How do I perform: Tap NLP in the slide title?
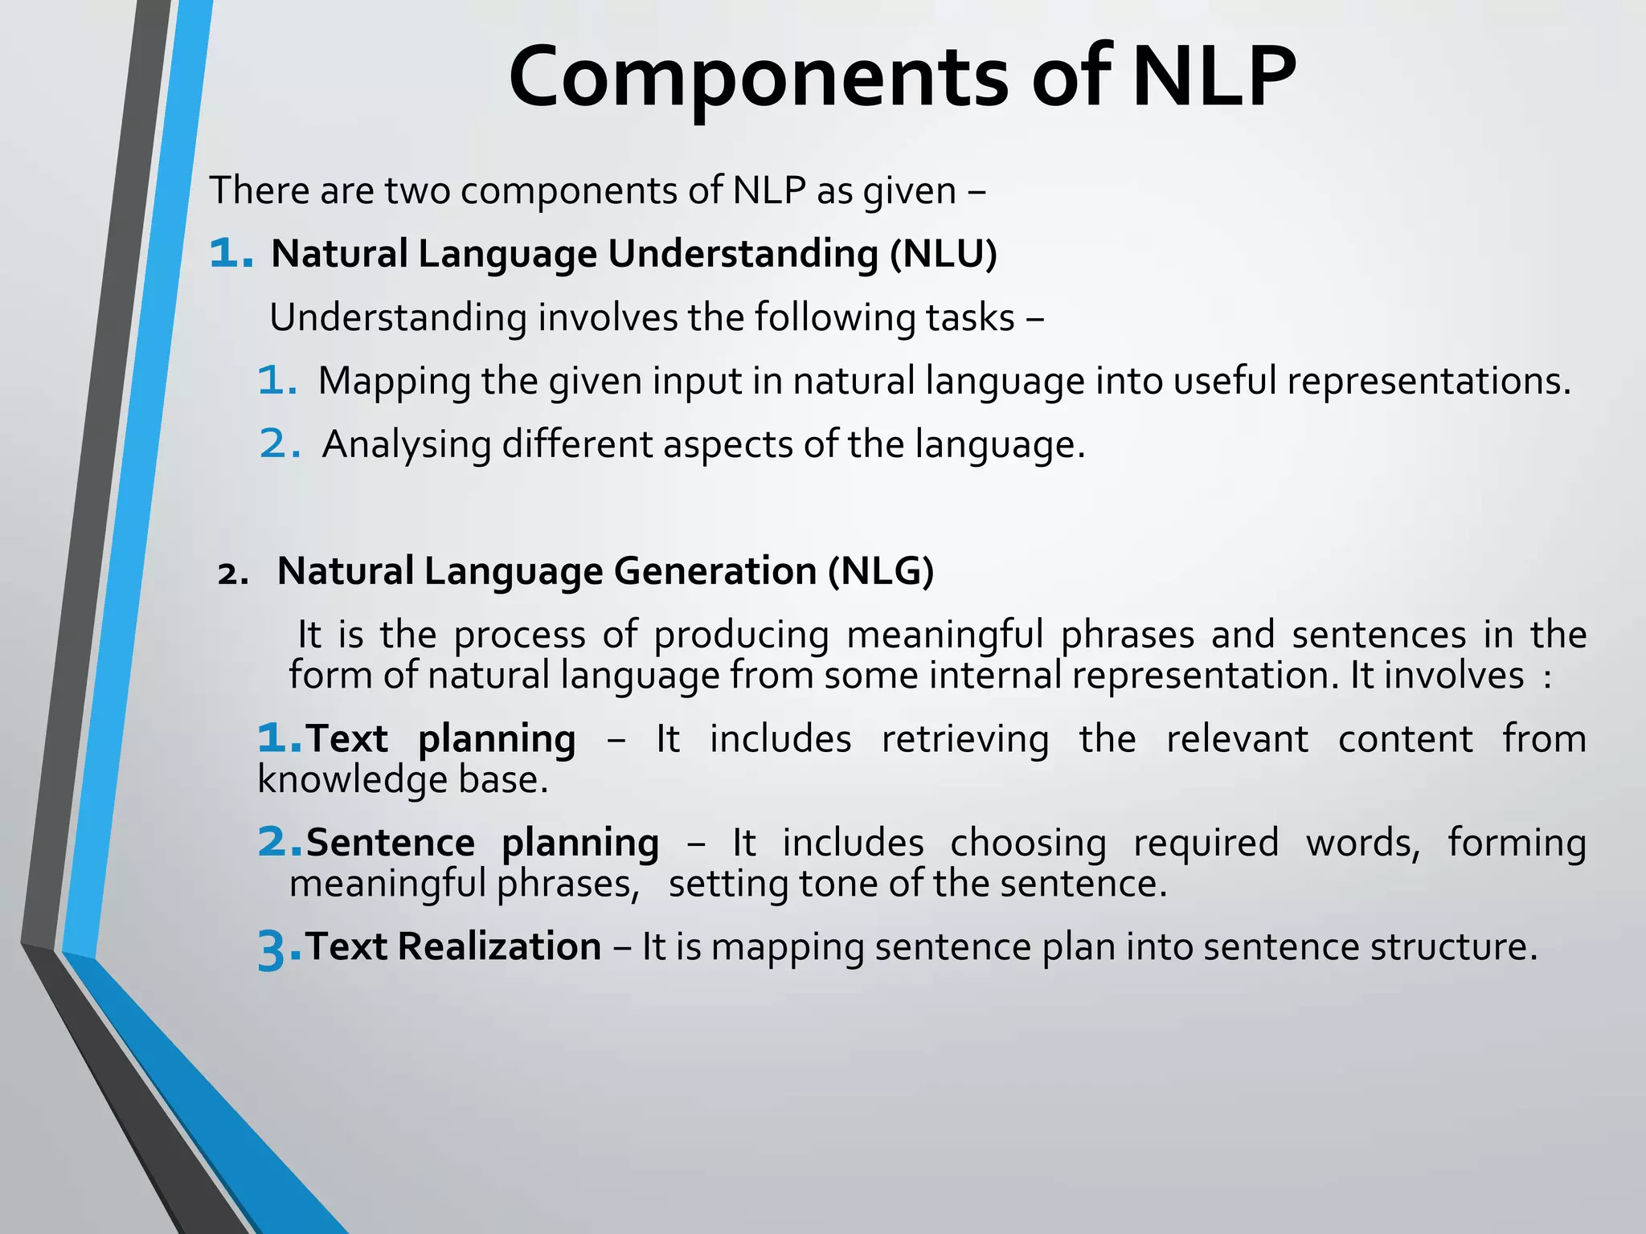[1214, 78]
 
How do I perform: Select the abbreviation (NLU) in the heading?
[943, 254]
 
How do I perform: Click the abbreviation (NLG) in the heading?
[882, 571]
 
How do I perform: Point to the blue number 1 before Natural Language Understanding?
[228, 254]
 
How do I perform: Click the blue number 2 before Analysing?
[278, 444]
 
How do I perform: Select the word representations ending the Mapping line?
[1427, 381]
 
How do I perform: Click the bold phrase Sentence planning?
[482, 843]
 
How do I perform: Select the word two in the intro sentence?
[416, 191]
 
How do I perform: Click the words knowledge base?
[402, 779]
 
